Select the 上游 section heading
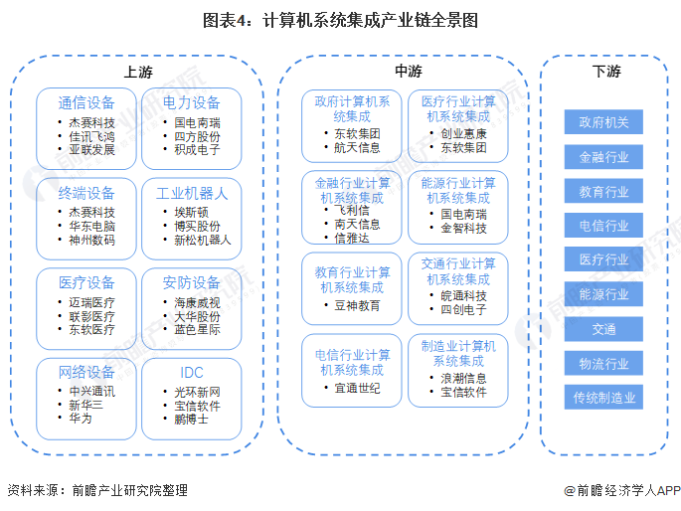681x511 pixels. click(138, 73)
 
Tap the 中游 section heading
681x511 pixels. click(408, 72)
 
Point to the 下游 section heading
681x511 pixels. click(605, 72)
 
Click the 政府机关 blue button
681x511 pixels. click(603, 122)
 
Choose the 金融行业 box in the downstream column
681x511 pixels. click(603, 157)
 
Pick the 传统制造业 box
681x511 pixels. click(603, 398)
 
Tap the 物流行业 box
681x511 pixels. click(603, 364)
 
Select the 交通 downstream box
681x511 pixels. click(603, 329)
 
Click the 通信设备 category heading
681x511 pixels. click(86, 102)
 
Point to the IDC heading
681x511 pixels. click(192, 373)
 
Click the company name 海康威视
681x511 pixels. click(198, 301)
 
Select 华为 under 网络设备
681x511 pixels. click(81, 419)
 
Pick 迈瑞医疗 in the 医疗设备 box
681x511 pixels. click(91, 301)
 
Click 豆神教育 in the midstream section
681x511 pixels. click(357, 305)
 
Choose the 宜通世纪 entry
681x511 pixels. click(357, 388)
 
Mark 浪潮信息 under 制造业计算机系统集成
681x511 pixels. click(463, 378)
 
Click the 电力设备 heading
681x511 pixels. click(192, 102)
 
